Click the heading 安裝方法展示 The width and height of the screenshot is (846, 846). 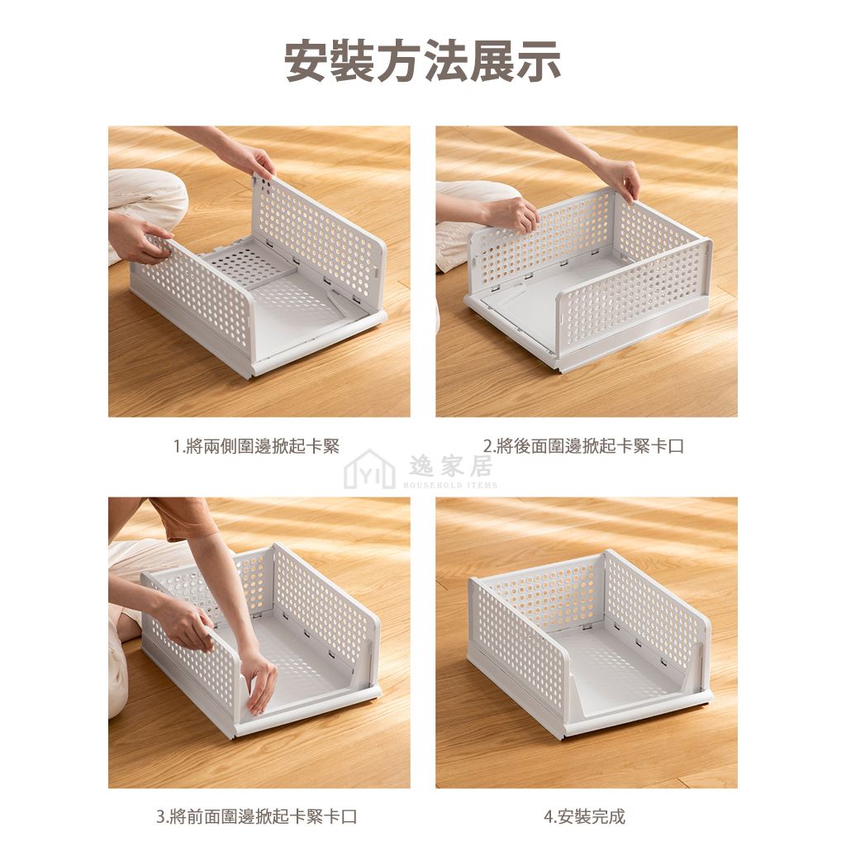pos(422,61)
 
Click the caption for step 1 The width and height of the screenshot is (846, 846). pos(257,446)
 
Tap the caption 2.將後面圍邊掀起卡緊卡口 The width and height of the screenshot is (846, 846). pos(584,446)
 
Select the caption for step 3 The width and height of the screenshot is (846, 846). pos(257,815)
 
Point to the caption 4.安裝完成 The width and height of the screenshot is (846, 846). pos(584,815)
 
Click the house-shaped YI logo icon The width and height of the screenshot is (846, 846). pos(369,470)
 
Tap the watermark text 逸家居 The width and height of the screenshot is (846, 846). pos(450,466)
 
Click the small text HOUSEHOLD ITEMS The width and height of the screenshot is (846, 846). pos(450,485)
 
